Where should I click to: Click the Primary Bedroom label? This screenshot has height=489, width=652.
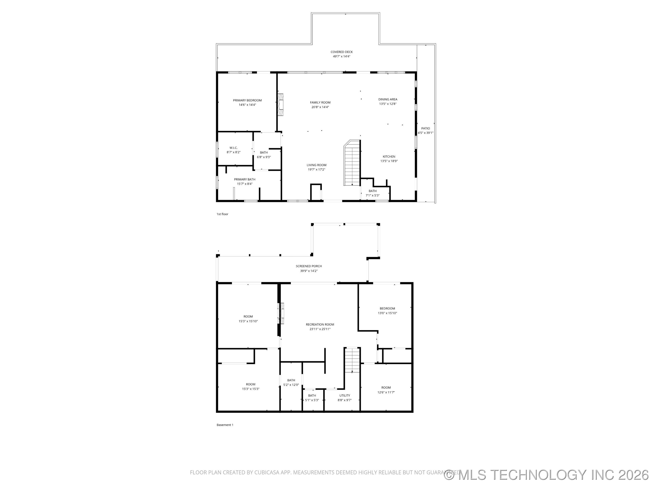click(x=247, y=101)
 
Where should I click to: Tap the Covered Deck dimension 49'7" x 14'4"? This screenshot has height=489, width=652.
click(x=341, y=56)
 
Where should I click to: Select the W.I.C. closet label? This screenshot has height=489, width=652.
click(x=233, y=148)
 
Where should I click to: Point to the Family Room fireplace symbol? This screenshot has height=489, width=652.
click(x=281, y=105)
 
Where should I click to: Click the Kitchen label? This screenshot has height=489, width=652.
click(x=389, y=156)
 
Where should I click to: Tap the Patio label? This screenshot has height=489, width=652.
click(x=425, y=128)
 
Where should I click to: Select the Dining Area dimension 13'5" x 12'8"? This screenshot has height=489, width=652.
click(x=388, y=104)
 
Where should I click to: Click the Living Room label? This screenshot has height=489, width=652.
click(x=316, y=165)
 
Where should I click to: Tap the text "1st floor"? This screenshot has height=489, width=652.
click(x=222, y=214)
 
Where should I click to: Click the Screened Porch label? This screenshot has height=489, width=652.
click(x=309, y=266)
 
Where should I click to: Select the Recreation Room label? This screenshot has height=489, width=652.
click(x=320, y=324)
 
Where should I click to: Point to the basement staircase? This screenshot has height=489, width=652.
click(x=352, y=360)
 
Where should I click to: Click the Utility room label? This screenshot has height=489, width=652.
click(x=345, y=396)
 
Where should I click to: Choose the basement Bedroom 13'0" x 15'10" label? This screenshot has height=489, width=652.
click(x=387, y=309)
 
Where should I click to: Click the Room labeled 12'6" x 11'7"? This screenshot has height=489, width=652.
click(x=386, y=388)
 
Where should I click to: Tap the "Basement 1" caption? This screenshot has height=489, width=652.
click(x=225, y=425)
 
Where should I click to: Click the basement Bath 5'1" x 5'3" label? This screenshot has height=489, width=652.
click(x=312, y=396)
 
